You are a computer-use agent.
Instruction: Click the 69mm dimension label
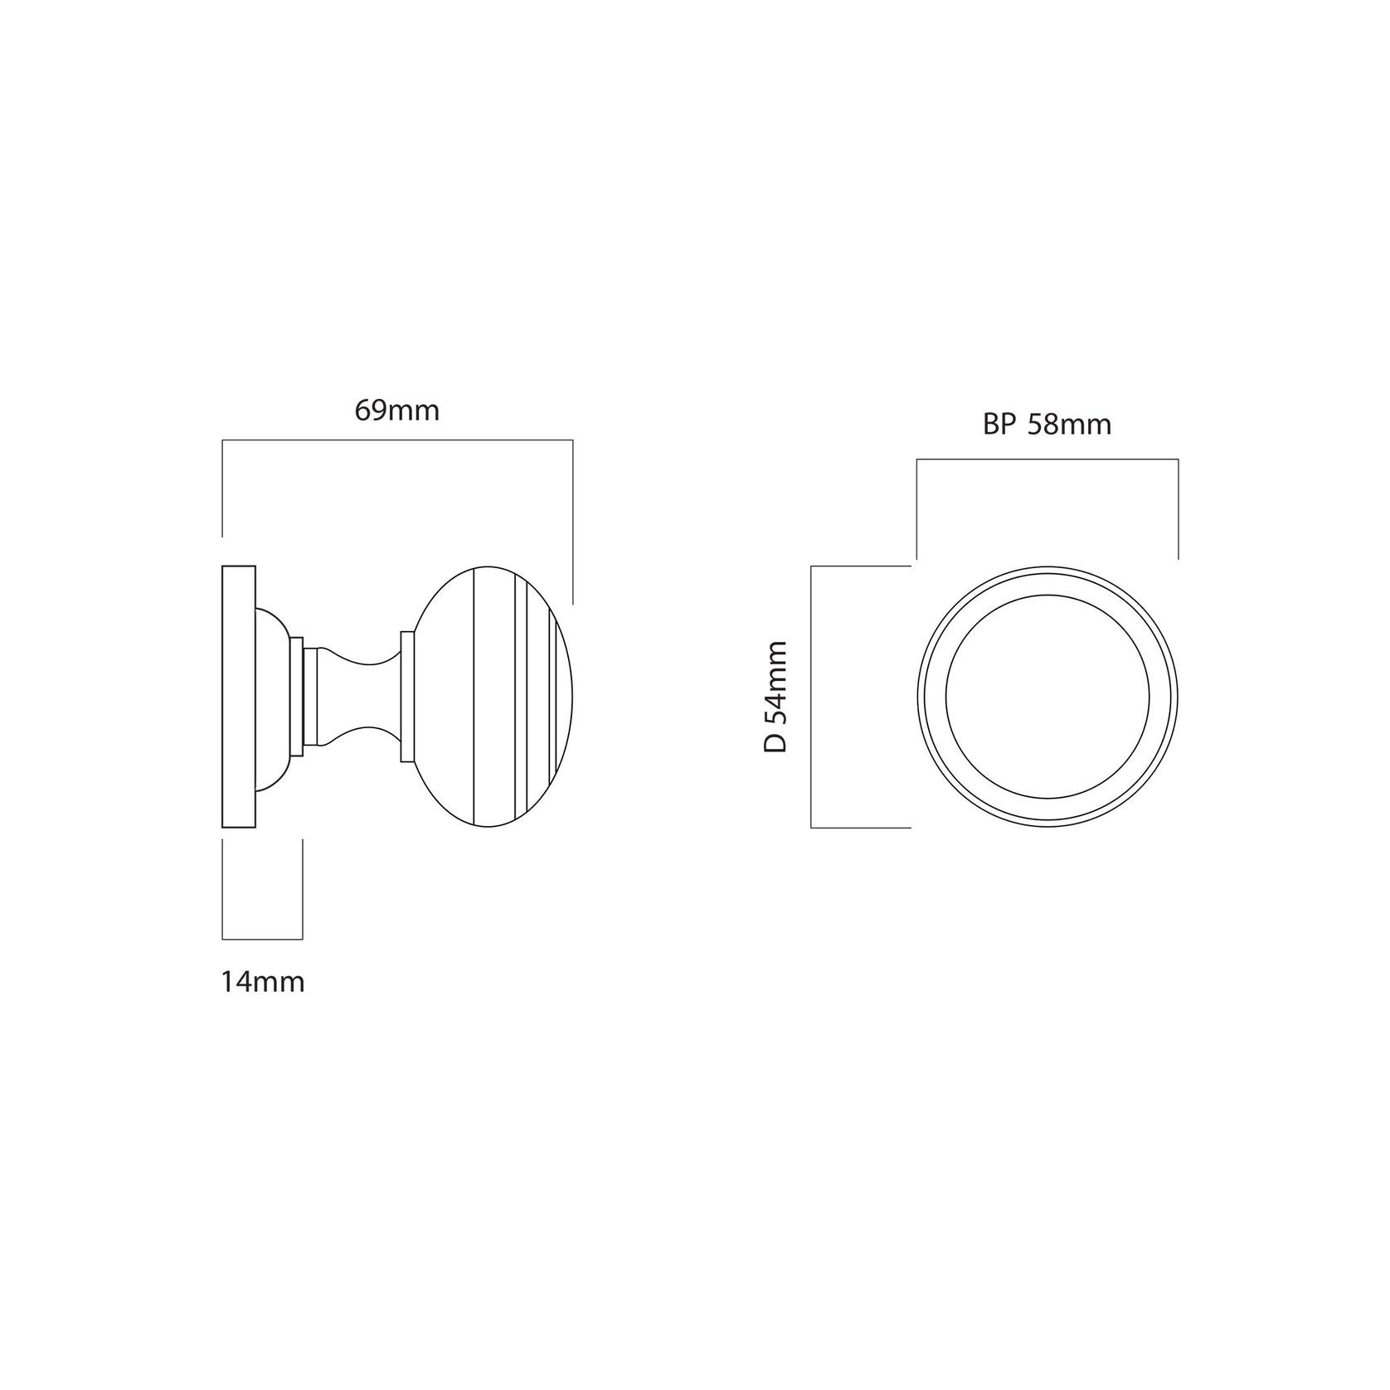396,411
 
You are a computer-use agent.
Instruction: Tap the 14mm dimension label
263,983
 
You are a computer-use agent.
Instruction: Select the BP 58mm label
1047,425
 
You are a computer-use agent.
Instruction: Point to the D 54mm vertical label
775,696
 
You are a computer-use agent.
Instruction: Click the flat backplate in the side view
239,697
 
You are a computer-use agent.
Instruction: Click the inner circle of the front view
1047,697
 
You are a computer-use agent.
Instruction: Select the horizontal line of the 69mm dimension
396,442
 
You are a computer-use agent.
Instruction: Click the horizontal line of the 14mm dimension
263,939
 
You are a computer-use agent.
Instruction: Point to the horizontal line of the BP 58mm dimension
1047,459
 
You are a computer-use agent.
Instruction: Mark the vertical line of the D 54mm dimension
811,697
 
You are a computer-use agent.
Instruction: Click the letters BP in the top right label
999,425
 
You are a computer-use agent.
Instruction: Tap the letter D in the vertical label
775,742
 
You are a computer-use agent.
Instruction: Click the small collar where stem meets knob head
406,697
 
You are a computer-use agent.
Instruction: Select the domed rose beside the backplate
274,697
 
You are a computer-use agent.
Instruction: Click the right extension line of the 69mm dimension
572,522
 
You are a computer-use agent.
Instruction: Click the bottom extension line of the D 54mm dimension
861,827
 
